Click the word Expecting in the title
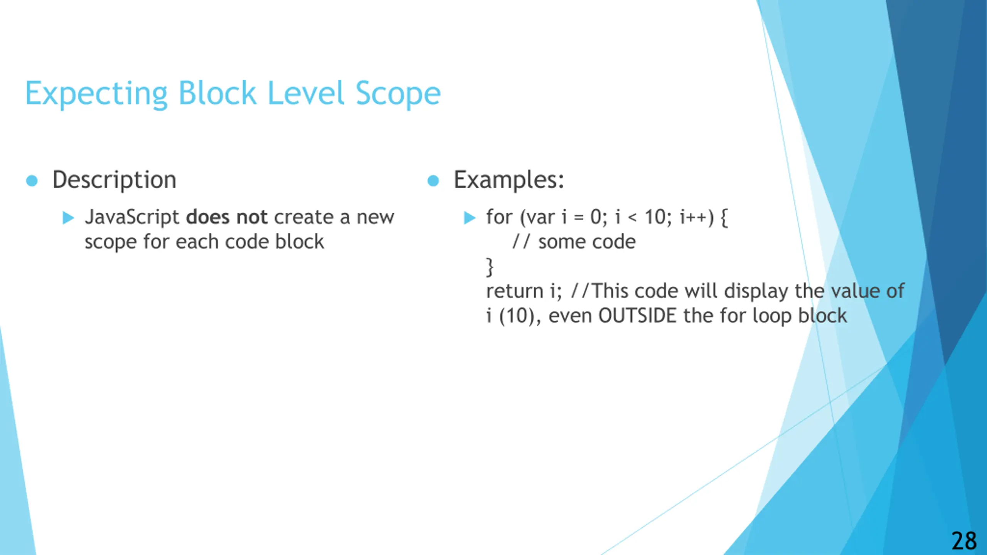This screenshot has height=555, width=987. (96, 94)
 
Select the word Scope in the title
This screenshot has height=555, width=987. (398, 94)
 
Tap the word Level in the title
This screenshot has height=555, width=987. (306, 94)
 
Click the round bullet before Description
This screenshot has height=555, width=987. (32, 181)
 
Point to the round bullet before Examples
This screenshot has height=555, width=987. (433, 181)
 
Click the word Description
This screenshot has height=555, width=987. (115, 180)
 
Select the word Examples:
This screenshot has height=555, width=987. (509, 180)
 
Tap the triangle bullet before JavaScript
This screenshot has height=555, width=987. (68, 218)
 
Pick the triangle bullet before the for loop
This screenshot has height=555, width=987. (470, 218)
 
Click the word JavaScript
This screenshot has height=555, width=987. (132, 217)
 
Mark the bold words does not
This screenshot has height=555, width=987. (227, 217)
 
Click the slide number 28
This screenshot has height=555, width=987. (964, 541)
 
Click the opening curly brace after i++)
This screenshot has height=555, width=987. (724, 218)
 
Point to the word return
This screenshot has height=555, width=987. (514, 291)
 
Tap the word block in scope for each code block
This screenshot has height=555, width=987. (300, 242)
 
